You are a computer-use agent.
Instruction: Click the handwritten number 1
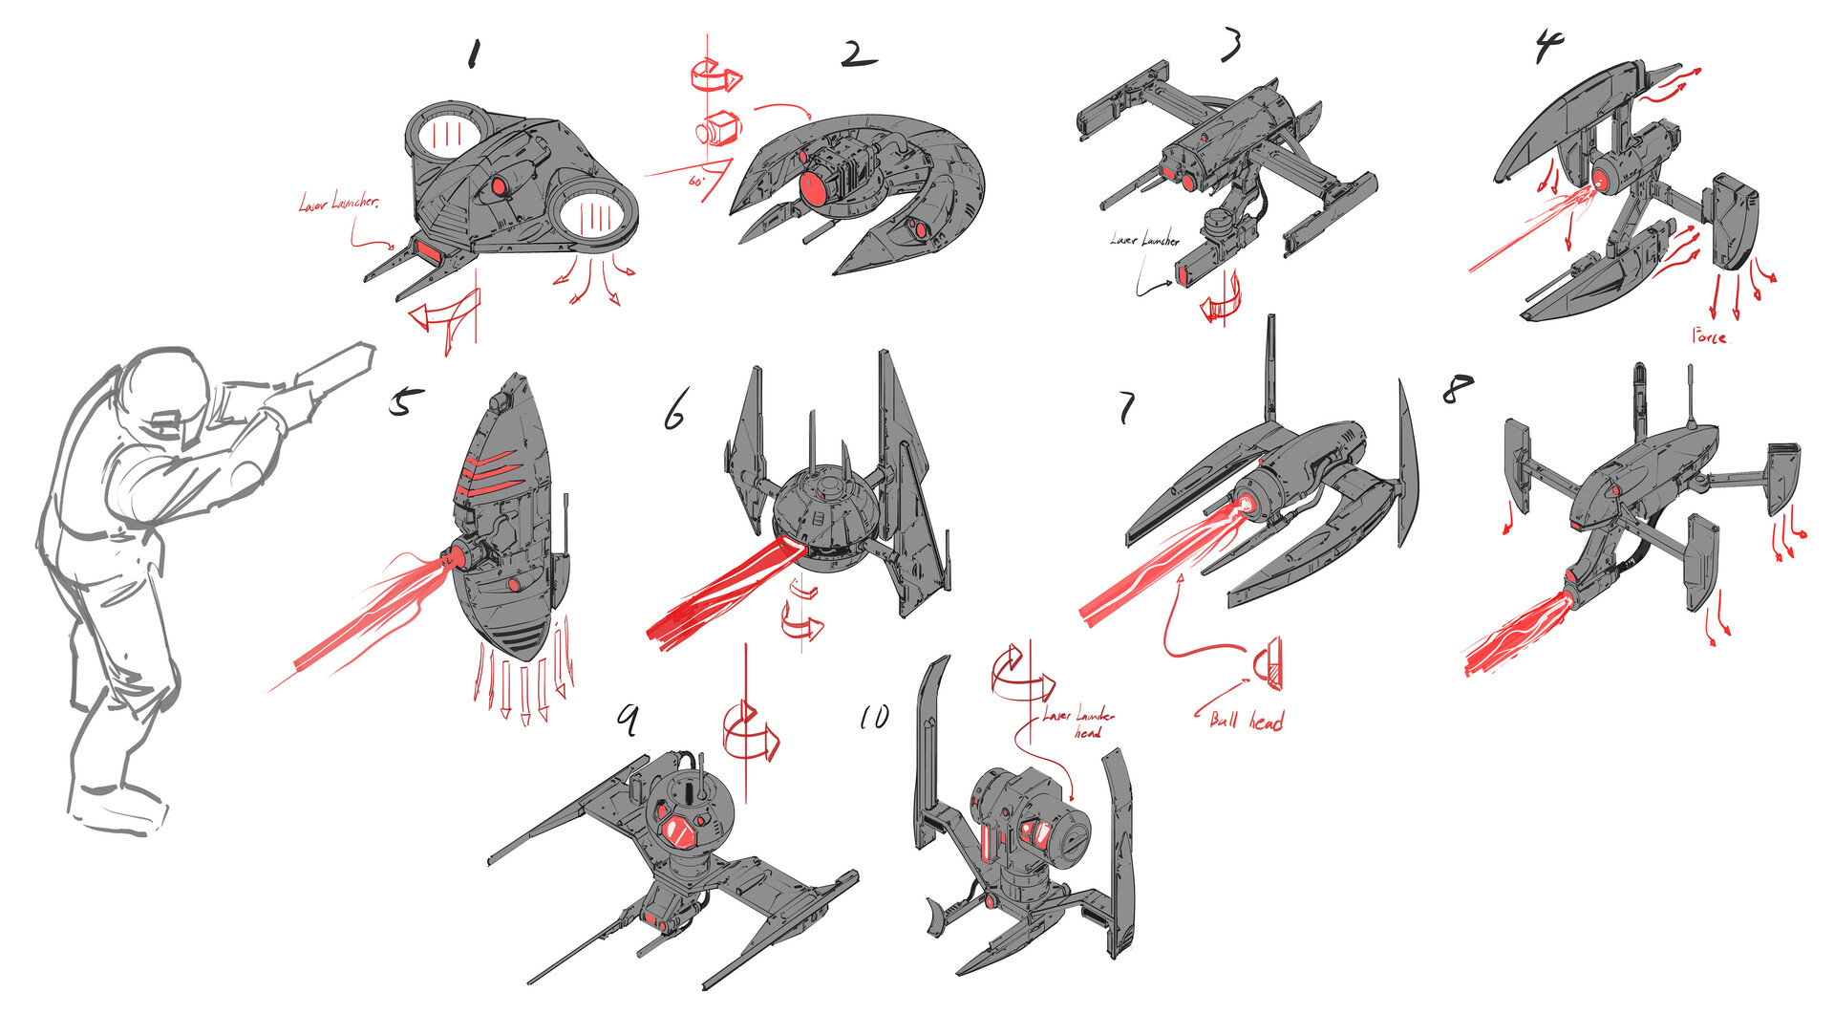472,54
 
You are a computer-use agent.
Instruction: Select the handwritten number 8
1457,388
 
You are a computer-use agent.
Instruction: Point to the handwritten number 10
874,717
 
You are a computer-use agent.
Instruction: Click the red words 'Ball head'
1247,721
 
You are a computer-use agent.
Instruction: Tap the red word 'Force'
1709,335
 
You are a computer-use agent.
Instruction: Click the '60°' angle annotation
695,180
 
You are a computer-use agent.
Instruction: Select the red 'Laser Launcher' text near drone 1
338,203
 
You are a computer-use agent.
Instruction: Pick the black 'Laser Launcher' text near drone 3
1144,239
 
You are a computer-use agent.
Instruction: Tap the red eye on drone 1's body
498,184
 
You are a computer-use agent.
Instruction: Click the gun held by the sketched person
330,373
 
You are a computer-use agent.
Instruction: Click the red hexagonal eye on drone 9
680,832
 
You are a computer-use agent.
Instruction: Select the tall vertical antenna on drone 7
1271,368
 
